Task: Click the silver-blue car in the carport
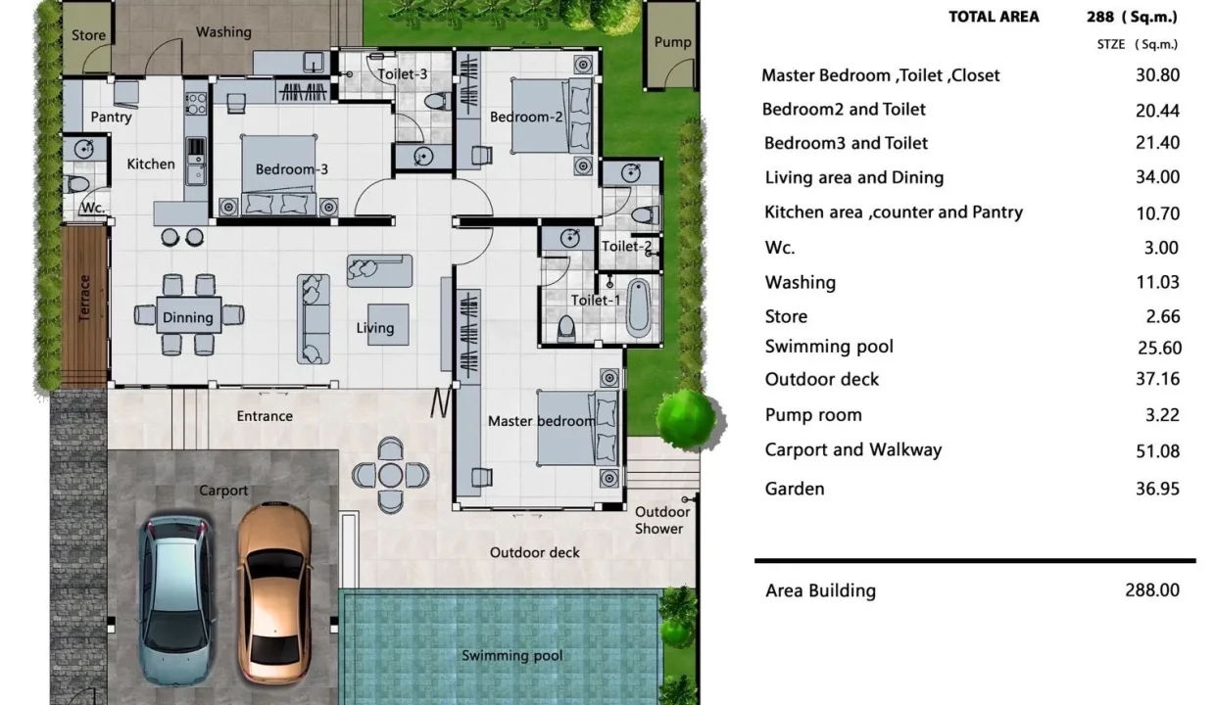pyautogui.click(x=176, y=601)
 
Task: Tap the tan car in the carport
pyautogui.click(x=275, y=593)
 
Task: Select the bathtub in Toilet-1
pyautogui.click(x=639, y=307)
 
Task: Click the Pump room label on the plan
pyautogui.click(x=672, y=42)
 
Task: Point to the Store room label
pyautogui.click(x=88, y=35)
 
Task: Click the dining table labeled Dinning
pyautogui.click(x=188, y=315)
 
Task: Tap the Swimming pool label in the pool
pyautogui.click(x=511, y=656)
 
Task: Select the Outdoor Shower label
pyautogui.click(x=661, y=520)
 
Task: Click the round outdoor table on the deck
pyautogui.click(x=390, y=475)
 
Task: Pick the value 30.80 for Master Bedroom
pyautogui.click(x=1157, y=74)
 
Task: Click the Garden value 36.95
pyautogui.click(x=1157, y=489)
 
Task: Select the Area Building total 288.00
pyautogui.click(x=1152, y=589)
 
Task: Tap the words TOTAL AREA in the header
pyautogui.click(x=994, y=17)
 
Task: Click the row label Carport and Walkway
pyautogui.click(x=853, y=449)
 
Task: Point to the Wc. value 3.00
pyautogui.click(x=1161, y=248)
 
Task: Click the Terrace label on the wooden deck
pyautogui.click(x=84, y=298)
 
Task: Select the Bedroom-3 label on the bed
pyautogui.click(x=292, y=169)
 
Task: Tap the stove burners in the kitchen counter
pyautogui.click(x=196, y=103)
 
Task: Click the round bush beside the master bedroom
pyautogui.click(x=688, y=419)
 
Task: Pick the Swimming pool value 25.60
pyautogui.click(x=1159, y=348)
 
